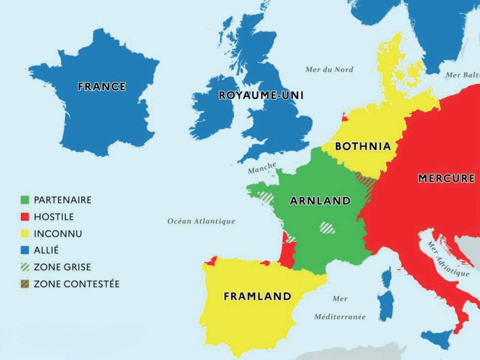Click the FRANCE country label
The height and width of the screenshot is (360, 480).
click(x=102, y=86)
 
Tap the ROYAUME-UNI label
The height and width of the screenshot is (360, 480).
click(x=261, y=95)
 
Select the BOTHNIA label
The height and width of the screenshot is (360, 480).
click(x=363, y=146)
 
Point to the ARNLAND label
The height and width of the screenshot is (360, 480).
click(x=320, y=201)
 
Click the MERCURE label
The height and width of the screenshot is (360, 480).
click(x=446, y=178)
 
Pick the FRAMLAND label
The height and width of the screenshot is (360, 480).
click(x=257, y=296)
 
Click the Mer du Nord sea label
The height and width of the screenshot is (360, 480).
click(x=329, y=70)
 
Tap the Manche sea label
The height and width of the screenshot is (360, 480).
click(x=262, y=168)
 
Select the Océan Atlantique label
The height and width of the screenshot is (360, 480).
click(x=201, y=221)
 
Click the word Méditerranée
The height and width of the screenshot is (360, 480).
click(x=340, y=317)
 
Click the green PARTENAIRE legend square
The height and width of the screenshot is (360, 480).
click(x=25, y=200)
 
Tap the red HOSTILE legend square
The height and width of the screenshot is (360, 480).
click(x=25, y=217)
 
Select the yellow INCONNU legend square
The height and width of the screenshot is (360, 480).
click(x=25, y=234)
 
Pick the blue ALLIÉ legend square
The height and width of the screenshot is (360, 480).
click(x=25, y=250)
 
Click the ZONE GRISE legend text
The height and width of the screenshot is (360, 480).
click(x=62, y=267)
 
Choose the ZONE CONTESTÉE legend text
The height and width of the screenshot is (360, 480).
click(x=76, y=284)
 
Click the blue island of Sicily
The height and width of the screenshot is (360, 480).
click(x=437, y=338)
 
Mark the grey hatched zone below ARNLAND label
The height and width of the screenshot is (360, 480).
click(x=327, y=228)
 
